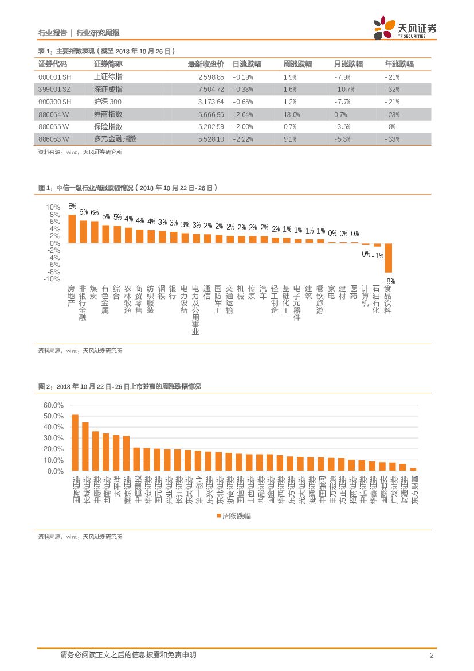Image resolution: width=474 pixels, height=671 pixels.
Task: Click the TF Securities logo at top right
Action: (404, 29)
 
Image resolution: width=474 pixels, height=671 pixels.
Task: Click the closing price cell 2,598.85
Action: (202, 76)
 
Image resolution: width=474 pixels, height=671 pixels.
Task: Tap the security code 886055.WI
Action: (54, 126)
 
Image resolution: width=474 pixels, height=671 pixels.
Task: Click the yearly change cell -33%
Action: (392, 139)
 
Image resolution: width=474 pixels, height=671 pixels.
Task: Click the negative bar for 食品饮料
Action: (388, 257)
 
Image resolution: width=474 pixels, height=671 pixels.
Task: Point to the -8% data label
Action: (390, 280)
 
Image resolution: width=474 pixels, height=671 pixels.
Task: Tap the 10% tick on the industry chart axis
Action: (53, 207)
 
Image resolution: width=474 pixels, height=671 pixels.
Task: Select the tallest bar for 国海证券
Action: (75, 443)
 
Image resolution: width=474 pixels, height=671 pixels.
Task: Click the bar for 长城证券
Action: (85, 447)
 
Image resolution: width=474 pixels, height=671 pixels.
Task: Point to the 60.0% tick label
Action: (53, 405)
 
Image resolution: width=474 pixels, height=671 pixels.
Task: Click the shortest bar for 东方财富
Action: (413, 469)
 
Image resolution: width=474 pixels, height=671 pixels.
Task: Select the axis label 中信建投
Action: (136, 490)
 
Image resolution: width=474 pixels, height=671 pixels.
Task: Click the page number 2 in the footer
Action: (430, 655)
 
